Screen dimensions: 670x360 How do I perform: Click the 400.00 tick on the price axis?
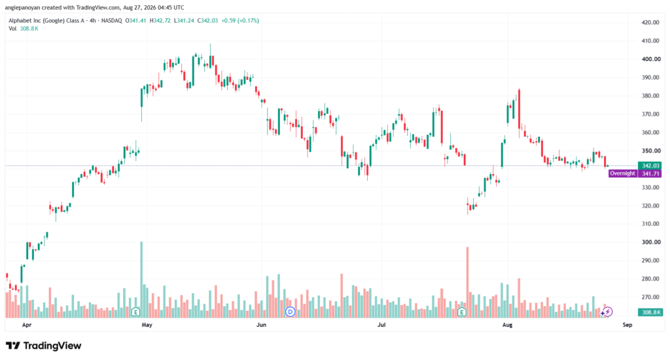650,59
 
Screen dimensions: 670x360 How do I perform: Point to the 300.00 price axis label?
650,242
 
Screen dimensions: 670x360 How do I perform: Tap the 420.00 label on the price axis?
650,22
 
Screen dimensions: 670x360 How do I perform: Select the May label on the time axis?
147,325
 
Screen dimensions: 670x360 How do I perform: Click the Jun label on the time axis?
261,325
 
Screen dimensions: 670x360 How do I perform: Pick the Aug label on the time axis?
507,325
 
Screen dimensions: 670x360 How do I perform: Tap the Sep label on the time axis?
627,325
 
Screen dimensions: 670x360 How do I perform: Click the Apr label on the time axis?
26,325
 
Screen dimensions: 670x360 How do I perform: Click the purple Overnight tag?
623,173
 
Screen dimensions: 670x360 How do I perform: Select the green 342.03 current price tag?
650,166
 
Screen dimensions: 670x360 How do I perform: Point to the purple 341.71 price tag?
650,173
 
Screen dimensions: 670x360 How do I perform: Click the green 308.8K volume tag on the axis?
650,312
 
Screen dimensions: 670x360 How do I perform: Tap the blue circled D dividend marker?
290,312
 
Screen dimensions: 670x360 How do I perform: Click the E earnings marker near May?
135,312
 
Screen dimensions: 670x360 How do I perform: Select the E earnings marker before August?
461,312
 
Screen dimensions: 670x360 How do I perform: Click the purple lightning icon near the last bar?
607,312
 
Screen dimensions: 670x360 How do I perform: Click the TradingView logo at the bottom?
44,346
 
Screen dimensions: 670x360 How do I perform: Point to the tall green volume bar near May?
141,279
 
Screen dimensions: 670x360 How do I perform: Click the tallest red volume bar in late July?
467,282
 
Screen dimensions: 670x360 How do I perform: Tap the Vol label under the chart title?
12,29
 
